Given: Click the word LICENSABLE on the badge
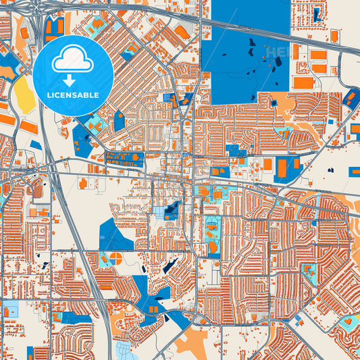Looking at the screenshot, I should [72, 95].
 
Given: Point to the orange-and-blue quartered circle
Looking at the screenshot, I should [115, 259].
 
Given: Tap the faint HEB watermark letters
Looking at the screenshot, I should [277, 52].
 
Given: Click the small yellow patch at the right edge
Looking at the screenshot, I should [353, 323].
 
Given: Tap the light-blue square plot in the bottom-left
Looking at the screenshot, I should [11, 311].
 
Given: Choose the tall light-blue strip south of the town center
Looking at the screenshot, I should [211, 236].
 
